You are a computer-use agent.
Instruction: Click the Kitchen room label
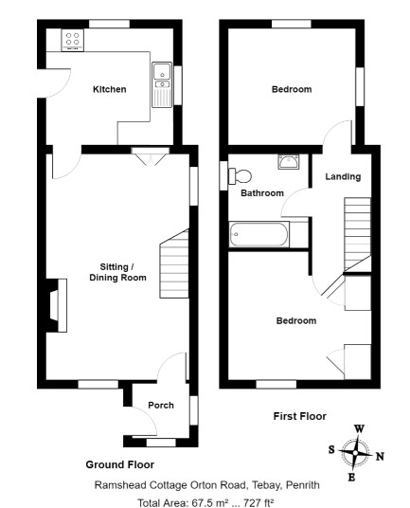tap(110, 89)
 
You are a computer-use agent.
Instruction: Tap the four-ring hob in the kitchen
tap(73, 40)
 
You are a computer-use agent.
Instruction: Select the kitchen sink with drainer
tap(162, 84)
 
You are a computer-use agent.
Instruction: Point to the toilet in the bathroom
tap(240, 176)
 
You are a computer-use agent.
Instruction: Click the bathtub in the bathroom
tap(258, 234)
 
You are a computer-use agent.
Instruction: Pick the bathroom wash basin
tap(289, 162)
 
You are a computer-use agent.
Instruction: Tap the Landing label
tap(343, 176)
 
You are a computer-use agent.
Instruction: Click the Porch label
tap(161, 405)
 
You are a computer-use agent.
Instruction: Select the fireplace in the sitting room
tap(57, 305)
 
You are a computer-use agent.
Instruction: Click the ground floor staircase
tap(174, 263)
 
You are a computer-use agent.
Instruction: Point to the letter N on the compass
tap(380, 457)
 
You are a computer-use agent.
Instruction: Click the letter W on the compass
tap(359, 429)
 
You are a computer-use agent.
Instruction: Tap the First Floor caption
tap(299, 416)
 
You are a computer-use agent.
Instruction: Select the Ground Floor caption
tap(119, 464)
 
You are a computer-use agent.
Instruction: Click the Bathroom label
tap(262, 193)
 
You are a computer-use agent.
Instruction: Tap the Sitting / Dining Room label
tap(117, 272)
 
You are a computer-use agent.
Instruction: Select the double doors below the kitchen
tap(151, 156)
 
